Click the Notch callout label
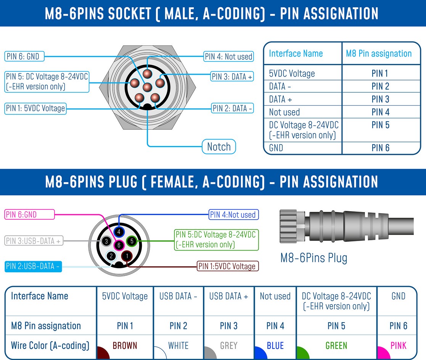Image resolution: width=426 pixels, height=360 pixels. click(219, 147)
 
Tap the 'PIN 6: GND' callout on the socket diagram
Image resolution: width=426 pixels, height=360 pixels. click(24, 56)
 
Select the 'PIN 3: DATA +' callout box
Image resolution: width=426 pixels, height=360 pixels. click(232, 77)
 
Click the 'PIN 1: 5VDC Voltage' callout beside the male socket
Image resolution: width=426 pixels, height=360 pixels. click(35, 108)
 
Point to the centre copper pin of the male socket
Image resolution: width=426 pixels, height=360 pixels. click(147, 87)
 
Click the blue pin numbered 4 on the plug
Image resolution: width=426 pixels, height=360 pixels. click(119, 232)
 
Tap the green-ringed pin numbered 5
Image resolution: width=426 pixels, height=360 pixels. click(132, 241)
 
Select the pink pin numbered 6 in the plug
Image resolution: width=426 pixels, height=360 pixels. click(119, 245)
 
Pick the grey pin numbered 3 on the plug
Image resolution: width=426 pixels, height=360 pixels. click(106, 241)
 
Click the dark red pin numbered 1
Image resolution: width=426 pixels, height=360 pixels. click(127, 256)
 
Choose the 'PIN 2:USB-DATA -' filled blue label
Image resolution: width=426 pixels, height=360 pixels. click(33, 266)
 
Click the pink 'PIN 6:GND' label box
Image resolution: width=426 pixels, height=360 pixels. click(29, 214)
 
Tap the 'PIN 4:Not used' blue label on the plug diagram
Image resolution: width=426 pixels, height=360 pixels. click(233, 215)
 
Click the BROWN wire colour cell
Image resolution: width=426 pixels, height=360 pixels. click(125, 346)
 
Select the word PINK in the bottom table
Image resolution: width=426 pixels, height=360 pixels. click(398, 346)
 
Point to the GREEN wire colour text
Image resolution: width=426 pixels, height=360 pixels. click(336, 346)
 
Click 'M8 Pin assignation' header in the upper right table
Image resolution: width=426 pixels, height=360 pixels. click(379, 53)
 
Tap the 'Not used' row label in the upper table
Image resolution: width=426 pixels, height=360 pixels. click(285, 112)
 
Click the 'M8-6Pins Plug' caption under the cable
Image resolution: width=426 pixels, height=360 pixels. click(314, 258)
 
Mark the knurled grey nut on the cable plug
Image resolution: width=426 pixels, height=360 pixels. click(289, 226)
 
